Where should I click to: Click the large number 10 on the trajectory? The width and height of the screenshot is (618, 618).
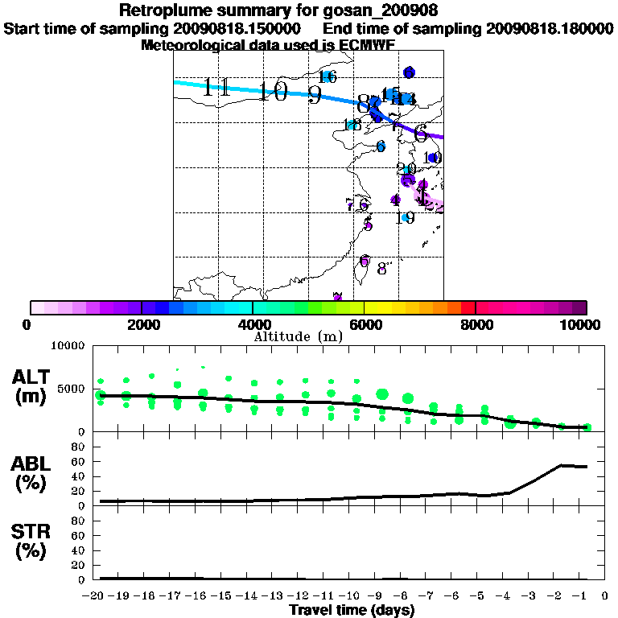[x=274, y=92]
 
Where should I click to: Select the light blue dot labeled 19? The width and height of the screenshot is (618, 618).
[x=406, y=218]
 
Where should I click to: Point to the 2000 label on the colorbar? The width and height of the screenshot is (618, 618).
[x=142, y=325]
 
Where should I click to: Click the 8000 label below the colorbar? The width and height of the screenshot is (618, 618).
[x=476, y=325]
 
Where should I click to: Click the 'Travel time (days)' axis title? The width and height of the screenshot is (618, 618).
[x=352, y=610]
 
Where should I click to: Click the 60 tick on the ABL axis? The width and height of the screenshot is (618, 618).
[x=79, y=462]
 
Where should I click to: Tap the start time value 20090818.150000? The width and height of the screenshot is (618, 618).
[x=242, y=28]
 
